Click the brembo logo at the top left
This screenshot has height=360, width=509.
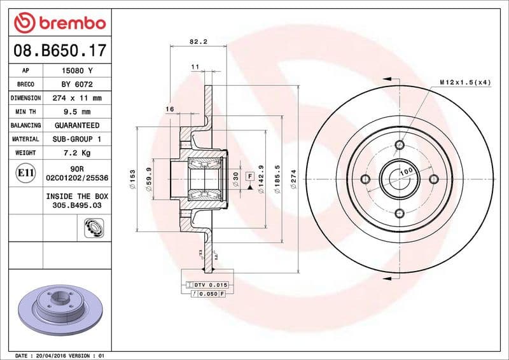(59, 23)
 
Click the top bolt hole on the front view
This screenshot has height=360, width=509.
(399, 145)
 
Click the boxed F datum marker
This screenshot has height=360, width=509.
(250, 176)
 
